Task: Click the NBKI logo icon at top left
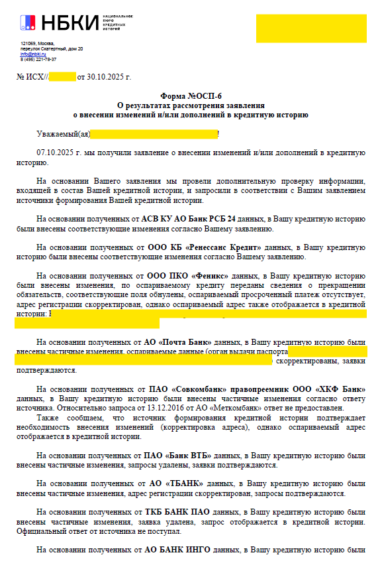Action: (28, 23)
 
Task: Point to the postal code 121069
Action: (27, 44)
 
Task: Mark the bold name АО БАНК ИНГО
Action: (175, 550)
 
